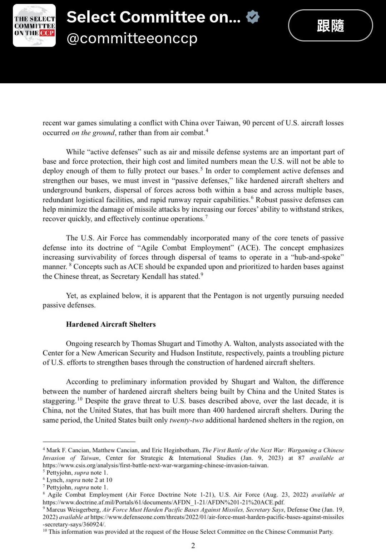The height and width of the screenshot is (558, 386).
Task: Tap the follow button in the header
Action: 330,25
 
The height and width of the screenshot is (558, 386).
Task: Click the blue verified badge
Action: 253,17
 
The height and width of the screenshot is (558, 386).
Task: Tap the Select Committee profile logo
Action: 34,25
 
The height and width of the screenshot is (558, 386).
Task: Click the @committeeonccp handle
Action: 132,38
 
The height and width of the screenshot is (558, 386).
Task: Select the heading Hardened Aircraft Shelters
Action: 111,324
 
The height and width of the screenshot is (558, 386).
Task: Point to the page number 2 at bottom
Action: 193,545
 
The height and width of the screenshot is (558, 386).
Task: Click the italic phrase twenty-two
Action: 186,420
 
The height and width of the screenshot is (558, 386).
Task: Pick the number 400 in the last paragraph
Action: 218,410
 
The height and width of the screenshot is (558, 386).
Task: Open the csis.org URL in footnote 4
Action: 155,465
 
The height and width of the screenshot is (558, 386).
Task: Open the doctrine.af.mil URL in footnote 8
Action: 164,502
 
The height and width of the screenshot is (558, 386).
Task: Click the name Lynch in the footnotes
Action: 55,480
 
